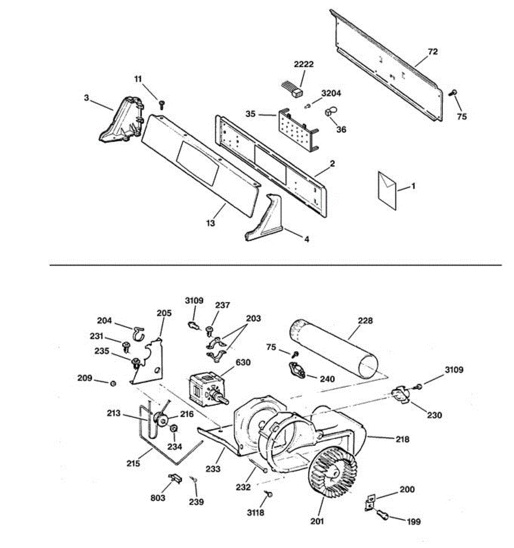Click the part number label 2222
[x=304, y=64]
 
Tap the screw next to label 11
[x=161, y=105]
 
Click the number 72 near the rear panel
[x=432, y=52]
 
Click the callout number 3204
[x=331, y=94]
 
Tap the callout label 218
[x=403, y=439]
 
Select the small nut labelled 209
[x=113, y=383]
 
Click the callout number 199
[x=413, y=522]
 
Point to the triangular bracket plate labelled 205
[x=148, y=361]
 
